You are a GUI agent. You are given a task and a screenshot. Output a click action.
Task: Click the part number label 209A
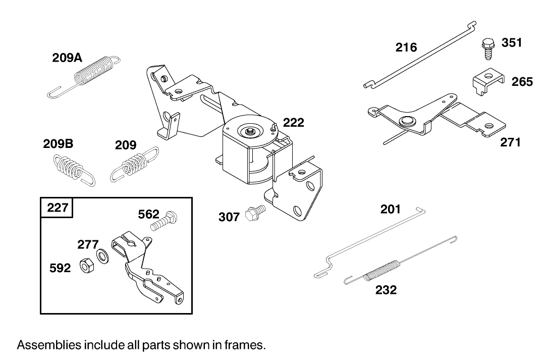point(67,58)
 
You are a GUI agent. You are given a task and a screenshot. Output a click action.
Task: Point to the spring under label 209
point(134,164)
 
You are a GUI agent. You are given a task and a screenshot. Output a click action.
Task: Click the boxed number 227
point(58,208)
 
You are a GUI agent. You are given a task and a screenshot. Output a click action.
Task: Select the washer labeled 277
point(103,256)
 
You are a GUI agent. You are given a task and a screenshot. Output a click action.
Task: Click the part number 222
point(293,122)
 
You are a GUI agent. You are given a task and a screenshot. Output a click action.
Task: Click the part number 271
point(510,142)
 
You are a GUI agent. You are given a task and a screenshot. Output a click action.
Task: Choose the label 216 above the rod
point(406,47)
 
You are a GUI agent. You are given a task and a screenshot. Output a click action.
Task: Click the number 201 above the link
point(390,209)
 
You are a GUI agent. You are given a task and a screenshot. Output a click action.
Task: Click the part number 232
point(386,290)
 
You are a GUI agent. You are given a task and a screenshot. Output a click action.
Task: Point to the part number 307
point(229,217)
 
